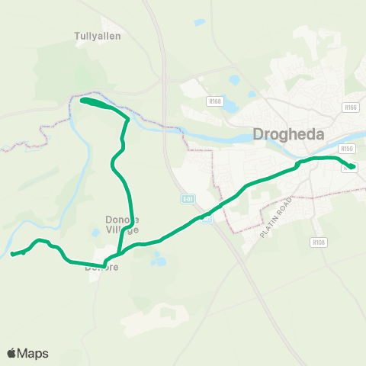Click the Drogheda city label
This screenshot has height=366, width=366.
tap(287, 135)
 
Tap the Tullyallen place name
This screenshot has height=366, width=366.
tap(98, 36)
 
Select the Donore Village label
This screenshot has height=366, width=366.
tap(122, 225)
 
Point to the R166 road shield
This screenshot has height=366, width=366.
tap(350, 108)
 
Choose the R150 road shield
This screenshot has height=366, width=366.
tap(348, 149)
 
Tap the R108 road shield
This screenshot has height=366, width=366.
tap(319, 242)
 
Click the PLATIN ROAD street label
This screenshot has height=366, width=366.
tap(275, 219)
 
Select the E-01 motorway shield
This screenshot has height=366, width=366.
tap(188, 199)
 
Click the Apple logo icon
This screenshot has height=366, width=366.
tap(12, 353)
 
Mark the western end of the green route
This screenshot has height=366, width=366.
tap(12, 255)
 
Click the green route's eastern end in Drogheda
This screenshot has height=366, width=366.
tap(352, 167)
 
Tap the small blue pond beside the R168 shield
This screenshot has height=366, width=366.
tap(235, 79)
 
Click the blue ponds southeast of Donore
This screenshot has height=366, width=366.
tap(159, 261)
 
